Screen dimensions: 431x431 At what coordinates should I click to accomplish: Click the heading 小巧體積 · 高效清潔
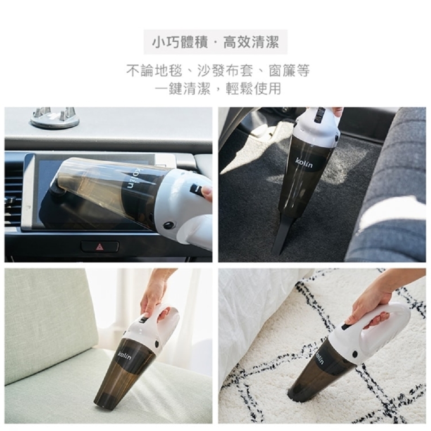pyautogui.click(x=216, y=43)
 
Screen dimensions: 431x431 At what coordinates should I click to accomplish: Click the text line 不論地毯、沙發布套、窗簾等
pyautogui.click(x=218, y=70)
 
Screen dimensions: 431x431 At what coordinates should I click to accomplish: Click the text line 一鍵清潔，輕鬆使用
pyautogui.click(x=218, y=88)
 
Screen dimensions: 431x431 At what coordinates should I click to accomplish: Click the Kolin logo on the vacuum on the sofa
pyautogui.click(x=124, y=356)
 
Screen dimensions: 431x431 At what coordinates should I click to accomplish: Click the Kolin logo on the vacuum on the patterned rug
pyautogui.click(x=321, y=358)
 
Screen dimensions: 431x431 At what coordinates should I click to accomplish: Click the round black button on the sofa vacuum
pyautogui.click(x=158, y=344)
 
